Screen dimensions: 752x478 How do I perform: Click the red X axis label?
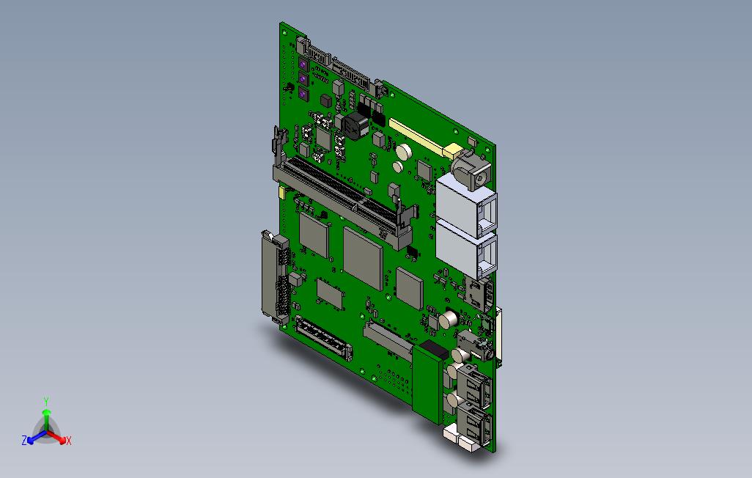[x=69, y=441]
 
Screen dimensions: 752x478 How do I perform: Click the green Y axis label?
[x=46, y=401]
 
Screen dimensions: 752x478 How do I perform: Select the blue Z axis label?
[x=24, y=440]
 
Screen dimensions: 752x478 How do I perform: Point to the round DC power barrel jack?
[x=472, y=170]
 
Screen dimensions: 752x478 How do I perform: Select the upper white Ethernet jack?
[x=467, y=205]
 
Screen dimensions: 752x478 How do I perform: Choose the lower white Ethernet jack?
[x=467, y=251]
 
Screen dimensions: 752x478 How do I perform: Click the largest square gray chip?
[x=363, y=259]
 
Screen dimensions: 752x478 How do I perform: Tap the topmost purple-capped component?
[x=303, y=64]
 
